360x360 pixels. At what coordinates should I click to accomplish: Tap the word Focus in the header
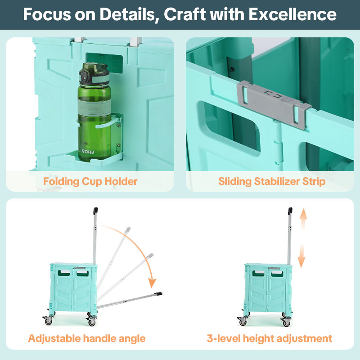click(x=47, y=14)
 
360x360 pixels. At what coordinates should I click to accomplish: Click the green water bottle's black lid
click(x=94, y=73)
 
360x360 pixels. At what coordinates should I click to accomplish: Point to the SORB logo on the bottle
click(x=88, y=152)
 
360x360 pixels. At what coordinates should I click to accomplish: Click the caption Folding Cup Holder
click(x=90, y=182)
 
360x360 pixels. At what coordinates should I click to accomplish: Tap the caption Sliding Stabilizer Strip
click(x=272, y=182)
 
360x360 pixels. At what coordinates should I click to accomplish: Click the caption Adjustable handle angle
click(x=87, y=339)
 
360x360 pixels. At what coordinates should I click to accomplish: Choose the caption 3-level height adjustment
click(x=270, y=339)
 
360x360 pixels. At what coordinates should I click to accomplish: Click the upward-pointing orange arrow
click(x=303, y=219)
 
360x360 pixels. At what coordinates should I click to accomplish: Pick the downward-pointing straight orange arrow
click(x=301, y=256)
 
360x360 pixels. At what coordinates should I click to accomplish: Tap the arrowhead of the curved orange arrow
click(x=152, y=283)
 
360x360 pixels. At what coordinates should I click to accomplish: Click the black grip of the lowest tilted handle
click(x=158, y=294)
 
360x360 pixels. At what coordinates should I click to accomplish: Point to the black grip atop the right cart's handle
click(x=290, y=211)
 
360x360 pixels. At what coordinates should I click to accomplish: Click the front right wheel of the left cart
click(x=92, y=322)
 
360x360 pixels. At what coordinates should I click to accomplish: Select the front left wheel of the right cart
click(x=243, y=322)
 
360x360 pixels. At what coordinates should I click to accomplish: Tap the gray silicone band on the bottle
click(x=94, y=108)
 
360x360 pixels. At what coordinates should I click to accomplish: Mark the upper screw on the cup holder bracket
click(x=119, y=126)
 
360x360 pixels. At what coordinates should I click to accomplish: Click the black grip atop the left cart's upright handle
click(x=95, y=211)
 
